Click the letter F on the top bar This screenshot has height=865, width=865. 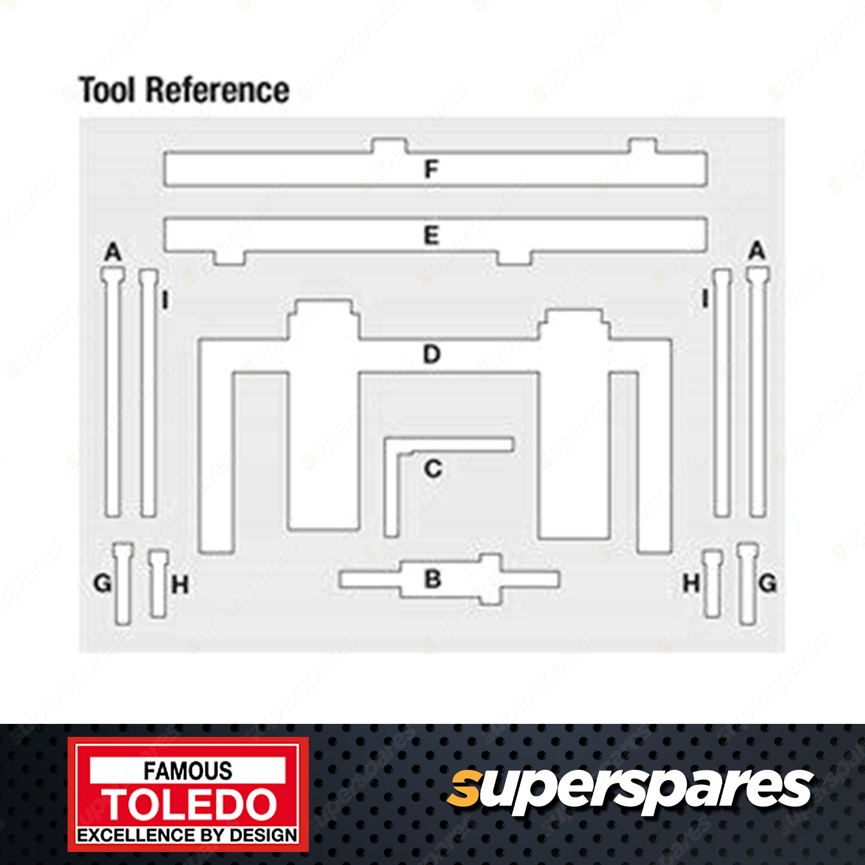coord(431,169)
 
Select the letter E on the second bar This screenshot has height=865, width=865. coord(431,235)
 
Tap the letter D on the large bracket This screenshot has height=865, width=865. coord(432,354)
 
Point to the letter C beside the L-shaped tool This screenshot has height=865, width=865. coord(433,469)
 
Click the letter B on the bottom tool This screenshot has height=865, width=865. coord(433,579)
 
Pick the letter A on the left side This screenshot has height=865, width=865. coord(113,252)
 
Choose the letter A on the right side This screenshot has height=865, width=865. coord(757,251)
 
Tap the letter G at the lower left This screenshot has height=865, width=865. coord(102,583)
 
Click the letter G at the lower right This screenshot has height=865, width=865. coord(768,583)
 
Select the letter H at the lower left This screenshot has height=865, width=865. coord(180,584)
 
